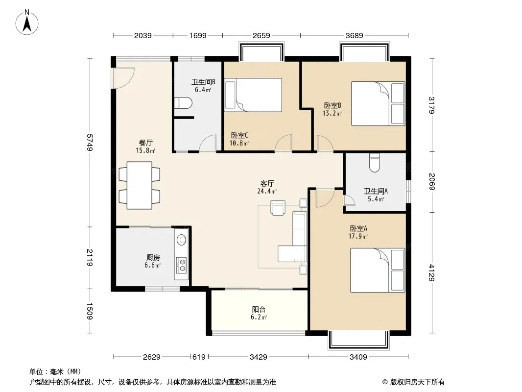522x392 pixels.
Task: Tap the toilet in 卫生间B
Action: tap(183, 102)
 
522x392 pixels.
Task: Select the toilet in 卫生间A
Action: tap(375, 163)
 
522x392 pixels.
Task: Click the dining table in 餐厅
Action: tap(140, 185)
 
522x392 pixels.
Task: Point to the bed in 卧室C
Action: tap(253, 95)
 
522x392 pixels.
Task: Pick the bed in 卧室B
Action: tap(378, 103)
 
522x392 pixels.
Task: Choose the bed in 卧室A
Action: tap(378, 270)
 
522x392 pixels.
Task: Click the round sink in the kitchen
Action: tap(182, 240)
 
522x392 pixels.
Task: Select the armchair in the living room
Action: tap(278, 207)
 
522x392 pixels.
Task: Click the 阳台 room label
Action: tap(259, 309)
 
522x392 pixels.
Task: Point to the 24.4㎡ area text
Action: tap(267, 191)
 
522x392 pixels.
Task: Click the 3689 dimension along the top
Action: tap(354, 35)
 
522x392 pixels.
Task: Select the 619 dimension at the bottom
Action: tap(199, 357)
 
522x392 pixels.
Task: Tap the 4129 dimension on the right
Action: tap(432, 272)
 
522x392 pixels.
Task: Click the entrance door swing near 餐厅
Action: tap(123, 78)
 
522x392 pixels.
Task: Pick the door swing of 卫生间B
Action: tap(208, 144)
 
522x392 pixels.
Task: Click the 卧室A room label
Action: tap(358, 228)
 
